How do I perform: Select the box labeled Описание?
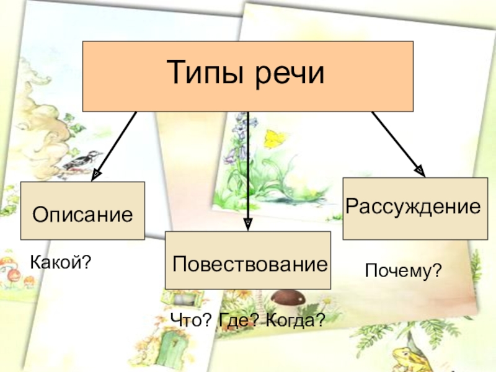click(82, 211)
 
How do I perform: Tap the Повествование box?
click(248, 261)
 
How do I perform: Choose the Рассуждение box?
click(415, 208)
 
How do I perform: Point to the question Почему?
click(403, 270)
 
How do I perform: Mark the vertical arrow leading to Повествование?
click(248, 167)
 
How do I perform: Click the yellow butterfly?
click(273, 138)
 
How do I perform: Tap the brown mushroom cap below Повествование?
click(285, 298)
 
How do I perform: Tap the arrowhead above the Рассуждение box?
click(421, 170)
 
